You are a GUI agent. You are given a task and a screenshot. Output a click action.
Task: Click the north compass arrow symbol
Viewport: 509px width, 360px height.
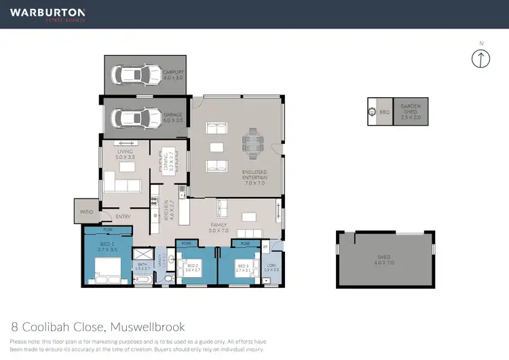(480, 58)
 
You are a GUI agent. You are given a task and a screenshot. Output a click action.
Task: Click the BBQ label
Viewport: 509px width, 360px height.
(383, 112)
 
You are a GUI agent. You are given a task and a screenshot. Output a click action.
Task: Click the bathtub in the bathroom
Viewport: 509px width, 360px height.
(143, 278)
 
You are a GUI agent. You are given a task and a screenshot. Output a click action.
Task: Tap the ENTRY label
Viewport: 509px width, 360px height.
(123, 217)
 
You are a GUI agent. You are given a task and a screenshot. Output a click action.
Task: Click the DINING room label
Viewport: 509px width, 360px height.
(168, 162)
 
